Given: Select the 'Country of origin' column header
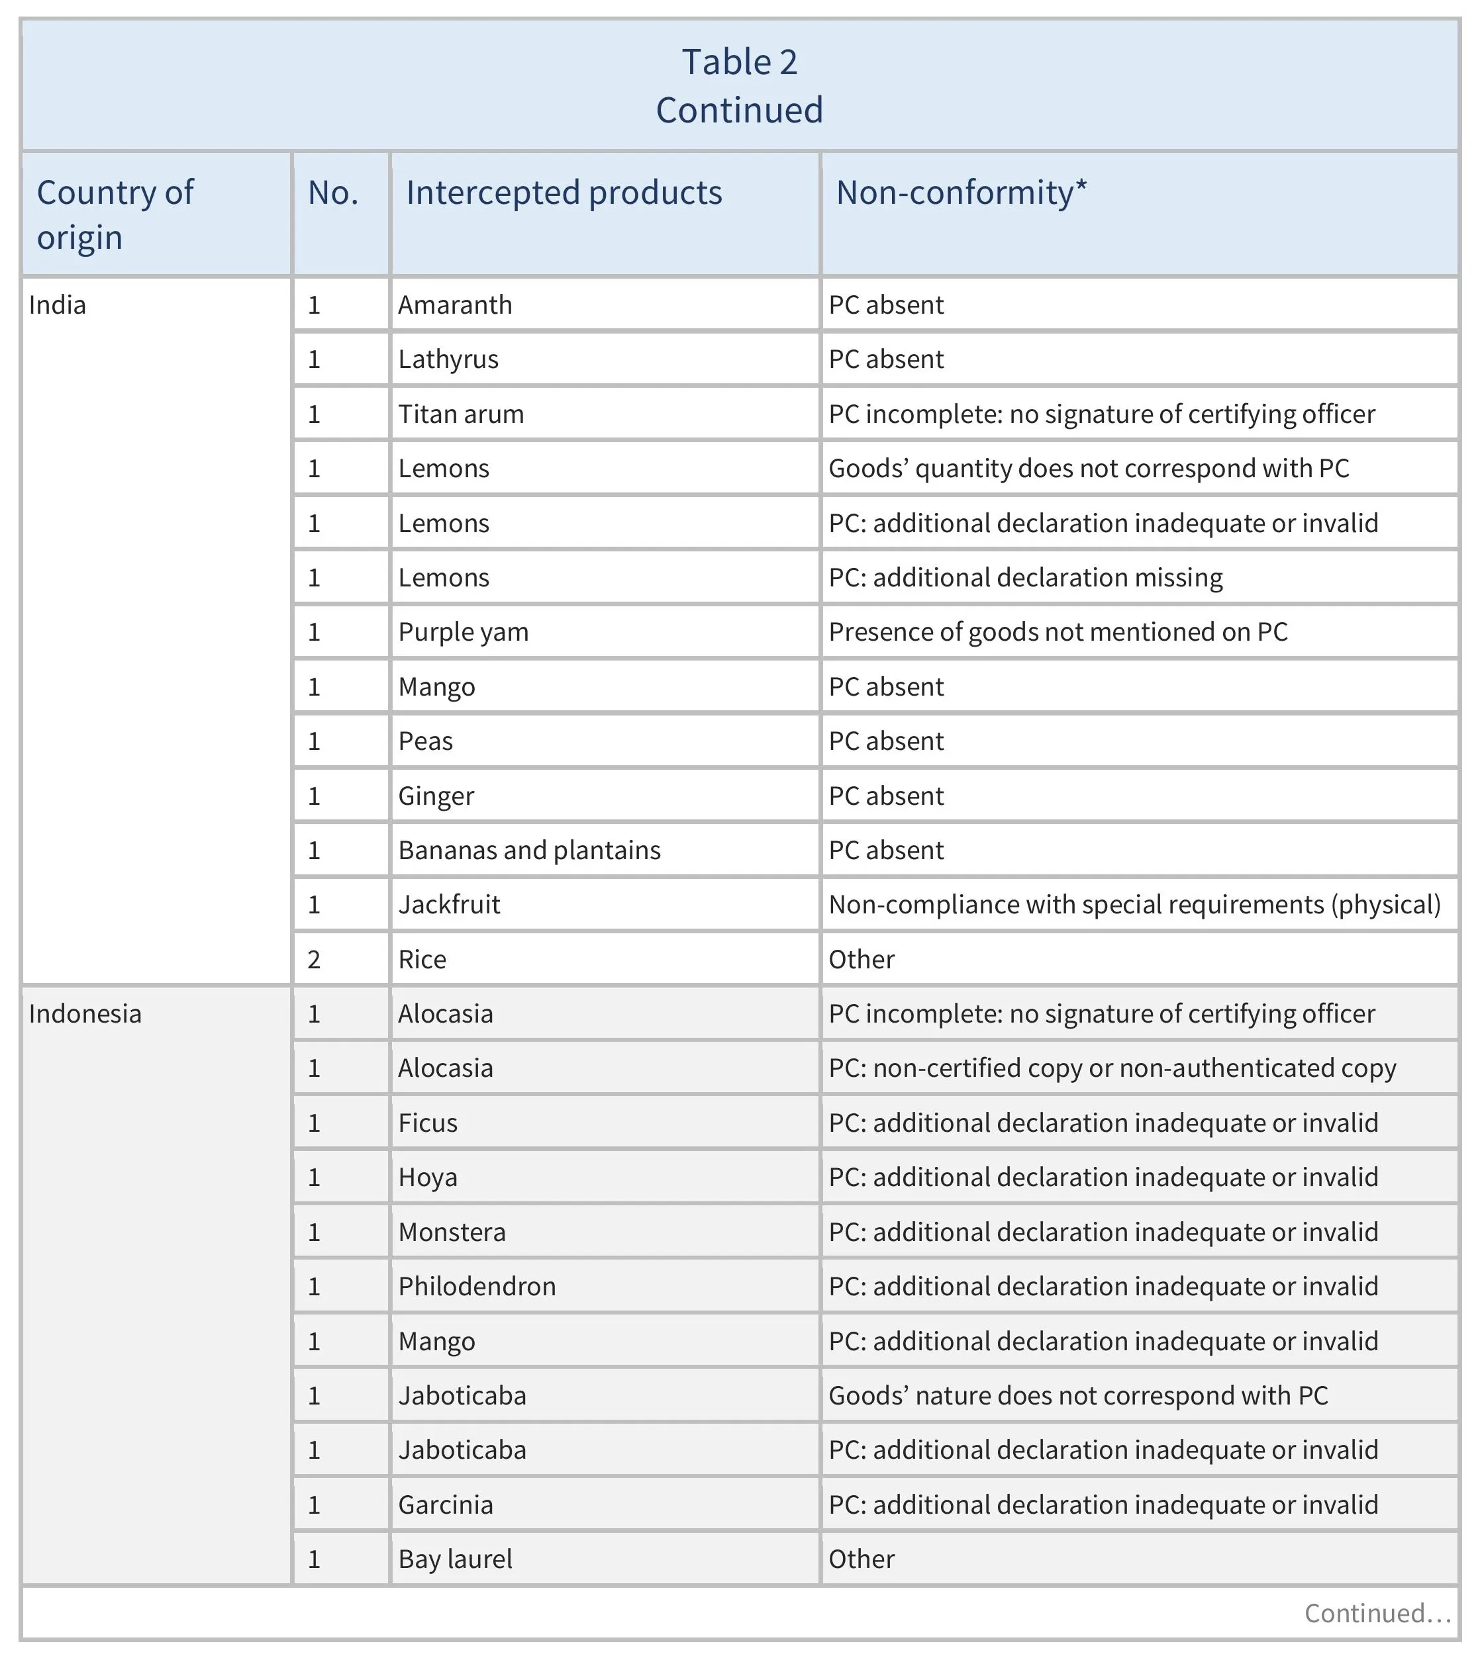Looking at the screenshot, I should tap(115, 214).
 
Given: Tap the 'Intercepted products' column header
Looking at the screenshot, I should tap(564, 193).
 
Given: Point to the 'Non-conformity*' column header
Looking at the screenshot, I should tap(962, 193).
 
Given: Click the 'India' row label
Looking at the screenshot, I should tap(57, 305).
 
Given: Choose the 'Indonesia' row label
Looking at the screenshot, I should tap(85, 1014).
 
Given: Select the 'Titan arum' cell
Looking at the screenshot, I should tap(460, 414).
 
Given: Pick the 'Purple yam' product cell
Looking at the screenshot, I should tap(463, 631).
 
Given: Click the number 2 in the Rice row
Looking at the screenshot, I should tap(314, 959).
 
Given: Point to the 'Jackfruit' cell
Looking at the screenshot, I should tap(449, 905).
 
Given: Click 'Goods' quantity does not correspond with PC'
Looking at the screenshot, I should tap(1088, 468).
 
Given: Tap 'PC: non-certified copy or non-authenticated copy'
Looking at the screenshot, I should tap(1112, 1068).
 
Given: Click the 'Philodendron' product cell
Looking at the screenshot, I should tap(477, 1286).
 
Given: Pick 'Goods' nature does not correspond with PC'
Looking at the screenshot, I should tap(1077, 1395).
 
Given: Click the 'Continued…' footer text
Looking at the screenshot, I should tap(1377, 1613).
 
